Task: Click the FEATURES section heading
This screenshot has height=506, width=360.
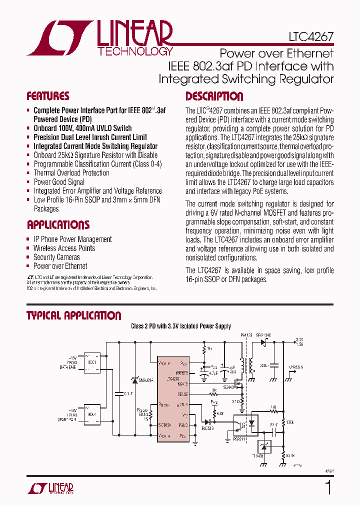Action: [x=48, y=96]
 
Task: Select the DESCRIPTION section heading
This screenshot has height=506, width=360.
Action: [x=214, y=96]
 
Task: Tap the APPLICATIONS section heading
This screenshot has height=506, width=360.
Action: [x=58, y=224]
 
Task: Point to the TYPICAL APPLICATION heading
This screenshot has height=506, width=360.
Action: [x=73, y=315]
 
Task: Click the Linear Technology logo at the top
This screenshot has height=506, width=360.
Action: [x=100, y=38]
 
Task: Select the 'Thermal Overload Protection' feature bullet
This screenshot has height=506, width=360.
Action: [x=71, y=173]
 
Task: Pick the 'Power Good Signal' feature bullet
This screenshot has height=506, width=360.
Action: [x=58, y=182]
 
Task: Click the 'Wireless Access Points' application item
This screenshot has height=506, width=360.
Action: [x=64, y=248]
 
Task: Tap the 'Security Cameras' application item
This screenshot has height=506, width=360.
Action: [x=56, y=257]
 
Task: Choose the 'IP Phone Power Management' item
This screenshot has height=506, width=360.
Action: [x=72, y=239]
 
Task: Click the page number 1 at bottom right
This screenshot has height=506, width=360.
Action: [x=328, y=487]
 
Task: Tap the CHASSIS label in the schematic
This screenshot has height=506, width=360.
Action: [x=296, y=367]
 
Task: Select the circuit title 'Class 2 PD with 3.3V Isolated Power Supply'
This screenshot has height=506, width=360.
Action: [x=181, y=326]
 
